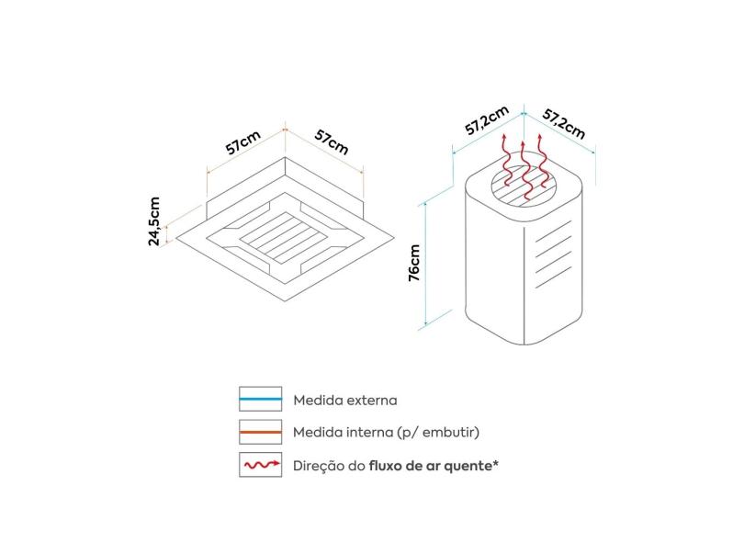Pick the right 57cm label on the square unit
coord(332,141)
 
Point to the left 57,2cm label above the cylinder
coord(486,121)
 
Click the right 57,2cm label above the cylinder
coord(563,122)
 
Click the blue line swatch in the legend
coord(260,400)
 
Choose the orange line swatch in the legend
coord(260,432)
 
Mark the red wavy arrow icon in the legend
coord(260,465)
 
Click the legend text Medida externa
coord(345,401)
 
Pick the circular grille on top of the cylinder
coord(524,184)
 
